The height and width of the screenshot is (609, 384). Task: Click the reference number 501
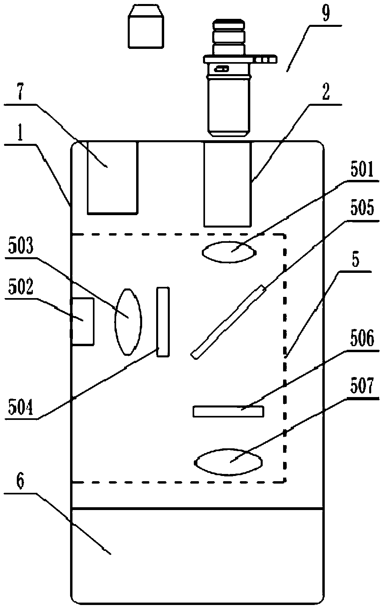point(362,169)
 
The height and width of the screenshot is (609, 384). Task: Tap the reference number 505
point(362,208)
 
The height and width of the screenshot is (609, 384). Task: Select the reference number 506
point(362,338)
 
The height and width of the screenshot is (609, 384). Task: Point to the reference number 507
point(362,386)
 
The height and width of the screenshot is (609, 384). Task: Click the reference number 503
point(21,246)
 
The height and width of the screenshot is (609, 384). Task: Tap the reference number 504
point(21,407)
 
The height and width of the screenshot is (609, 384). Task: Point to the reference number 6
point(20,481)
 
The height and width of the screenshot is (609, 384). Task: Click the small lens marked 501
point(229,252)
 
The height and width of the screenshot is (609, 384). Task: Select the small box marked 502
point(82,322)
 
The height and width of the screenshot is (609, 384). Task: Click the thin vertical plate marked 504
point(163,322)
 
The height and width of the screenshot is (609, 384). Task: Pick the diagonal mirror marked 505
point(229,322)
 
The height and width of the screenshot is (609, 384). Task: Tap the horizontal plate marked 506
point(228,411)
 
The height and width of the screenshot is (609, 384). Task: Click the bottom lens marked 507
point(229,462)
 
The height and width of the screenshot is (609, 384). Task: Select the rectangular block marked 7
point(113,177)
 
